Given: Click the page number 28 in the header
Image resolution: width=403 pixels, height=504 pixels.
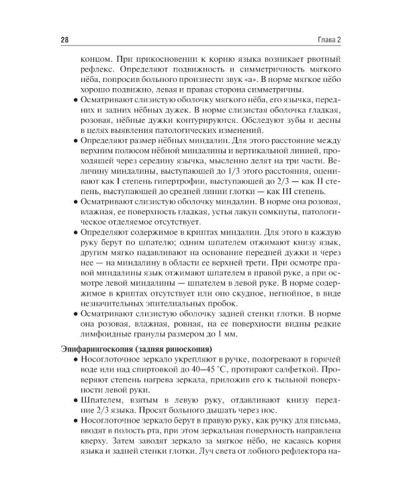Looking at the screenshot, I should tap(64, 40).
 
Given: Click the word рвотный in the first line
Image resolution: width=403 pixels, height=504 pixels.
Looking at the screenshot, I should tap(318, 59).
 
